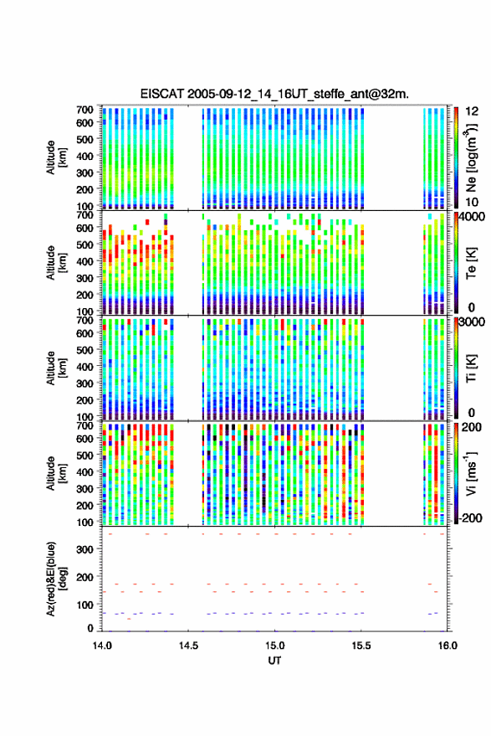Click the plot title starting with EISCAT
(x=274, y=94)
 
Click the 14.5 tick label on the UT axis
(x=188, y=646)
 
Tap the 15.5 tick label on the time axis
(x=361, y=646)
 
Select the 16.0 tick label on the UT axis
(x=448, y=646)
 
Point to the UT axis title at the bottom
(x=274, y=661)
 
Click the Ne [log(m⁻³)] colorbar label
(x=471, y=158)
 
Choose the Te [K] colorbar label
(x=471, y=263)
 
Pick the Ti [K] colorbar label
(x=471, y=368)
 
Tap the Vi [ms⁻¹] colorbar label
(x=471, y=473)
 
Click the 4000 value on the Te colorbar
(x=473, y=218)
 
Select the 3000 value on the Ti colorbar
(x=473, y=322)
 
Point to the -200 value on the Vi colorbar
(x=470, y=517)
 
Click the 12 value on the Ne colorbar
(x=472, y=111)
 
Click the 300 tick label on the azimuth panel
(x=84, y=549)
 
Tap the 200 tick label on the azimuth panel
(x=84, y=578)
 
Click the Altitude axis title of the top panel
(x=56, y=157)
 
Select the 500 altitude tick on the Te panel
(x=84, y=244)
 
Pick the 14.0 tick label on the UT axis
(x=102, y=646)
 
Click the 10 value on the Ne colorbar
(x=472, y=203)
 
